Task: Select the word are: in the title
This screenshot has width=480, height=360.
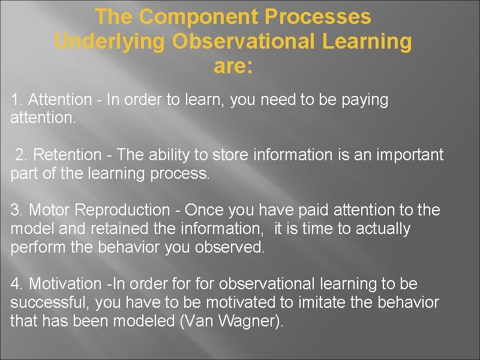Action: click(x=233, y=66)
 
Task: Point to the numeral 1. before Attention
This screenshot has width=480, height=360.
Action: click(x=17, y=100)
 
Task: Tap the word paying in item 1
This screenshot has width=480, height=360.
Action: click(x=365, y=100)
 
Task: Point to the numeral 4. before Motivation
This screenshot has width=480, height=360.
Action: click(x=17, y=283)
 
